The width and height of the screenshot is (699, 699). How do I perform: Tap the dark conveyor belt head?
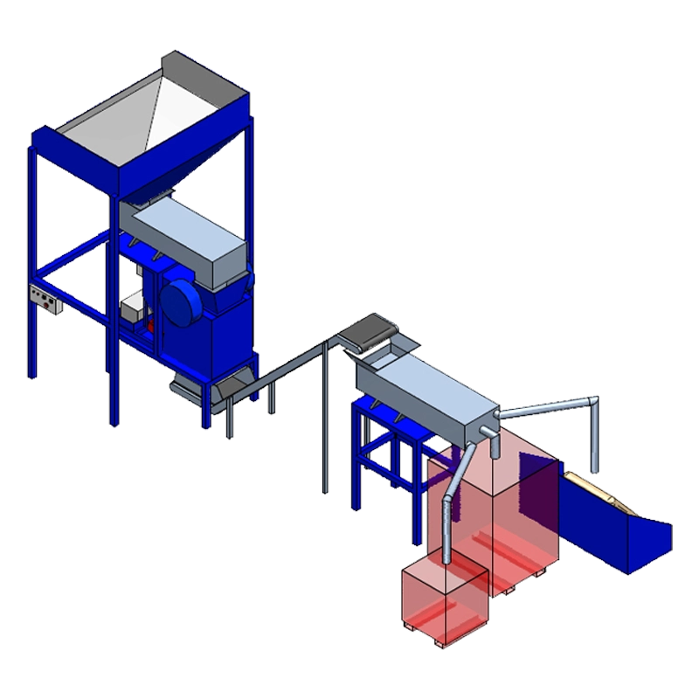click(x=367, y=332)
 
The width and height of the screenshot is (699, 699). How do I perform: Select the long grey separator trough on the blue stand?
click(x=428, y=393)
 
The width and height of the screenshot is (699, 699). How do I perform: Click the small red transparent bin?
click(x=443, y=603)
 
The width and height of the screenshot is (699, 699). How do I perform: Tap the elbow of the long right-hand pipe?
click(x=595, y=402)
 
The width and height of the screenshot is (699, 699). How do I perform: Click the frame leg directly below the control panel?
click(x=33, y=349)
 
